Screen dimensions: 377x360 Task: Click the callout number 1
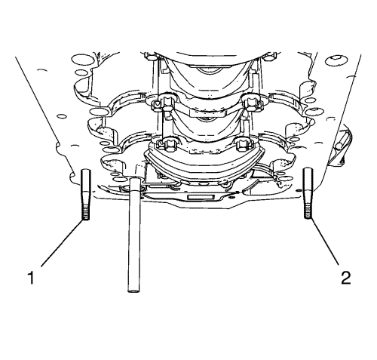pyautogui.click(x=31, y=278)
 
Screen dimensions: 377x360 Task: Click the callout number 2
pyautogui.click(x=345, y=278)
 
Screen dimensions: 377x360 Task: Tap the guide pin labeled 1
pyautogui.click(x=86, y=195)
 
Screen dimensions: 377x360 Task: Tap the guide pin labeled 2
pyautogui.click(x=308, y=193)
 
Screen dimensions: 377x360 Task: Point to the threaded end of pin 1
pyautogui.click(x=86, y=213)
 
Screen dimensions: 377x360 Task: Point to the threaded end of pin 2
pyautogui.click(x=308, y=211)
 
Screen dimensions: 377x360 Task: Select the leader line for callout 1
pyautogui.click(x=63, y=242)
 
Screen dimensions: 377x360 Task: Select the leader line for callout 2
pyautogui.click(x=325, y=242)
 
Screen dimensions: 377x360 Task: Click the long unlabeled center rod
pyautogui.click(x=134, y=235)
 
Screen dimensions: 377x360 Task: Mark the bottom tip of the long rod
pyautogui.click(x=134, y=292)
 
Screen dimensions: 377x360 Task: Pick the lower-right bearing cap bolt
pyautogui.click(x=244, y=144)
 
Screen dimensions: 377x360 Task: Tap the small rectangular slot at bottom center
pyautogui.click(x=201, y=197)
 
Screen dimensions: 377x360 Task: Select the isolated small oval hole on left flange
pyautogui.click(x=62, y=116)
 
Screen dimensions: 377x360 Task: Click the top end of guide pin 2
pyautogui.click(x=308, y=168)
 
